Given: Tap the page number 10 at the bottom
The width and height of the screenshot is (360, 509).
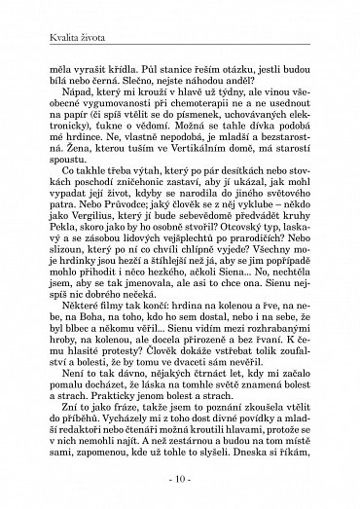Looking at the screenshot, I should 180,480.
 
